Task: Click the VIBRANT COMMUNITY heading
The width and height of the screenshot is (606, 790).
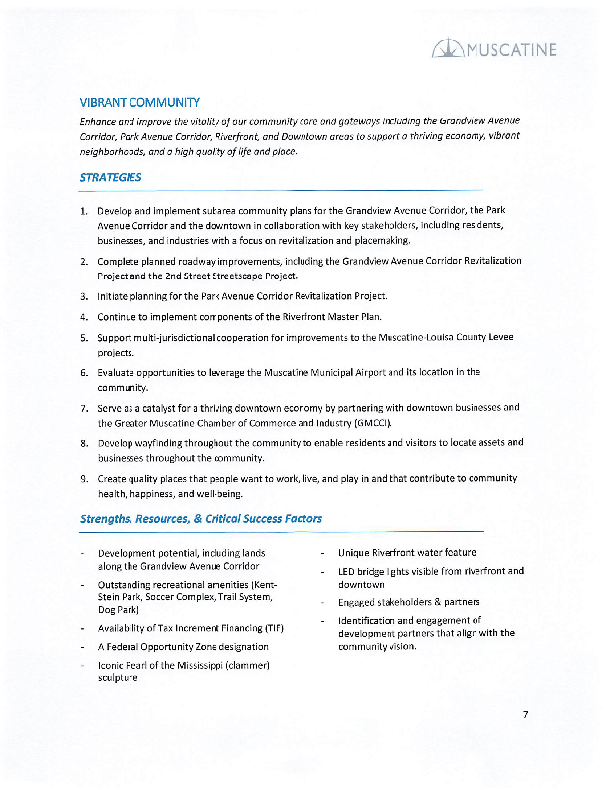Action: coord(139,103)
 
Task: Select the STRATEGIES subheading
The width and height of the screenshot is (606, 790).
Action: coord(111,178)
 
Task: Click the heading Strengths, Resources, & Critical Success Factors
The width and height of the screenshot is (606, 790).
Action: coord(201,518)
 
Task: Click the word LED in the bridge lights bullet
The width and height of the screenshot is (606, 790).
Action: coord(348,571)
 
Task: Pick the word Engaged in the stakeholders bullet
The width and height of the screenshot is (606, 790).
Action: coord(358,602)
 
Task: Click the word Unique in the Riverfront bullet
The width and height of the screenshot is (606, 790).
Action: coord(356,552)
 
